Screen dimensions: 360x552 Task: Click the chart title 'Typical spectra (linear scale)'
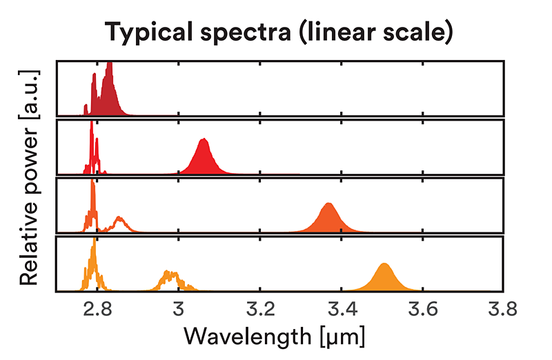279,32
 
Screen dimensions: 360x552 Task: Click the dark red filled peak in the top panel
108,97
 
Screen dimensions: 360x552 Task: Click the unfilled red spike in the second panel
92,148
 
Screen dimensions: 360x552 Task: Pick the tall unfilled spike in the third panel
92,207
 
